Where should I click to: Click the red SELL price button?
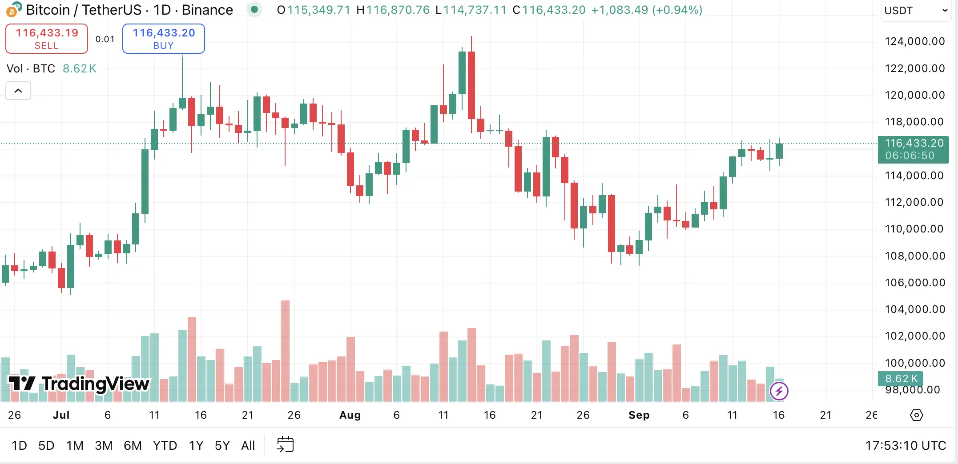47,39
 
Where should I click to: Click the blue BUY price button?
164,39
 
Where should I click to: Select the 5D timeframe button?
46,445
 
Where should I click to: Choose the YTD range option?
165,445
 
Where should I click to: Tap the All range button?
248,445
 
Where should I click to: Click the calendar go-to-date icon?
285,444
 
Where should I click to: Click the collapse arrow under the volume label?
18,91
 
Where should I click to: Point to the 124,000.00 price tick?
914,41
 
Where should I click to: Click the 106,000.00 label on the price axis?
914,283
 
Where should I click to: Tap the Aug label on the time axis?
350,415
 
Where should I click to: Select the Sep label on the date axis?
639,415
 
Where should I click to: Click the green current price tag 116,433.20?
914,149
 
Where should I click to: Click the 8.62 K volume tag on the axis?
901,379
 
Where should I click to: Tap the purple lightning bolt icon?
779,391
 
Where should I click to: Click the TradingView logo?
79,383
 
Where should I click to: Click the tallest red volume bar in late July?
285,351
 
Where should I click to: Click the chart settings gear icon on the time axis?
916,415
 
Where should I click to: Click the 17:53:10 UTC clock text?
905,445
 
